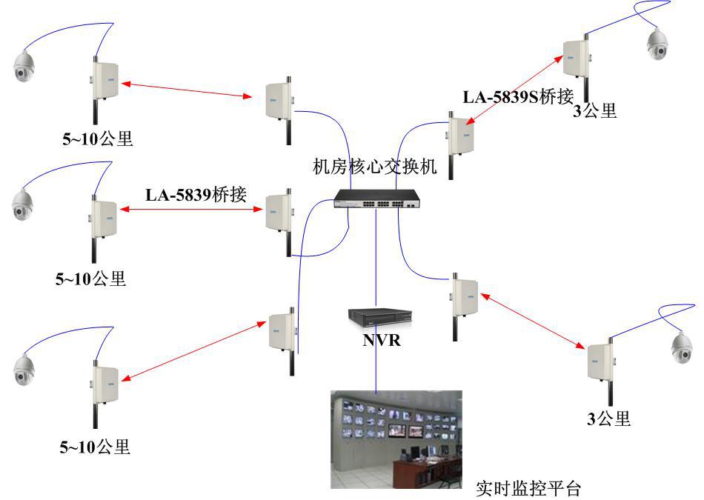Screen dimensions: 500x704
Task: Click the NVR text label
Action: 381,341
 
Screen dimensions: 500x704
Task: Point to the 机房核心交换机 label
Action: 375,166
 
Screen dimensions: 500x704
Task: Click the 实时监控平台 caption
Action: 528,489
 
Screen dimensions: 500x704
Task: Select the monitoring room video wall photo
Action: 396,439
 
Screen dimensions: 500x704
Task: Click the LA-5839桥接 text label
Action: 196,195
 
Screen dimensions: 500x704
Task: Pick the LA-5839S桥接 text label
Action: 518,97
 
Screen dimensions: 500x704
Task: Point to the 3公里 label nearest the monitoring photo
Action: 608,419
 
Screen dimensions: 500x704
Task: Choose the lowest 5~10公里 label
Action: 94,447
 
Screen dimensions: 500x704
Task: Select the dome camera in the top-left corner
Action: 24,67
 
